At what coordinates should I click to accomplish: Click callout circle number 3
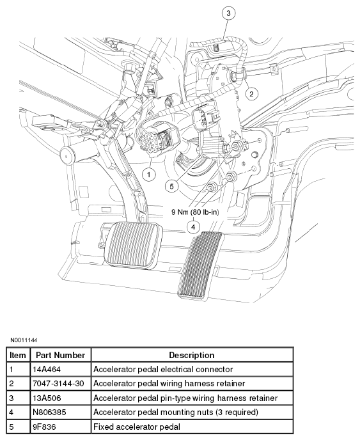click(228, 13)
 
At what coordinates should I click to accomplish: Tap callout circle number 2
click(251, 94)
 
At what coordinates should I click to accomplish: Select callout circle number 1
click(148, 175)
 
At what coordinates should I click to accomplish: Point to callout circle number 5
click(171, 186)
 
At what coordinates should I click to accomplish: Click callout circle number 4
click(193, 227)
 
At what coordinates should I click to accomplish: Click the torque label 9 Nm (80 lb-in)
click(195, 212)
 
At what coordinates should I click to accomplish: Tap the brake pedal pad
click(133, 245)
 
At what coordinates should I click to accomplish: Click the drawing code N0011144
click(24, 340)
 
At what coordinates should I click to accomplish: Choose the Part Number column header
click(60, 355)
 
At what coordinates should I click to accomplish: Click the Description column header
click(192, 355)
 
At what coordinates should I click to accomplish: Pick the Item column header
click(17, 355)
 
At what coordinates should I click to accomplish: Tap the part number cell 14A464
click(47, 369)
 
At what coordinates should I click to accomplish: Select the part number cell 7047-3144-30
click(58, 383)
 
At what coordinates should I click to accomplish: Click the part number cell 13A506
click(47, 398)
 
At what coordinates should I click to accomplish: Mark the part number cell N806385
click(49, 412)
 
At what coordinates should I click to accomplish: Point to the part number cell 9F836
click(44, 427)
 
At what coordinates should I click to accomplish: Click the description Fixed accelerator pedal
click(137, 427)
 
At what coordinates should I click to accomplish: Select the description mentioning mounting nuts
click(176, 412)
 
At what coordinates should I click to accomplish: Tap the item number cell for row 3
click(12, 398)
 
